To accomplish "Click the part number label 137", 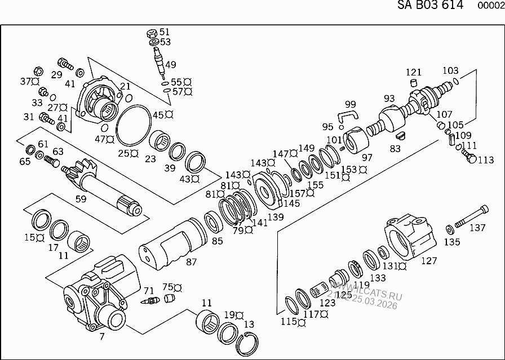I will pyautogui.click(x=478, y=228).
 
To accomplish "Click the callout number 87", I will pyautogui.click(x=191, y=262).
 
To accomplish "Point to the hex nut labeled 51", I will pyautogui.click(x=152, y=33).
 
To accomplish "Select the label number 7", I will pyautogui.click(x=101, y=337).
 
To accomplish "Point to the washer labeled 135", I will pyautogui.click(x=450, y=229).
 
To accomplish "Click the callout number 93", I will pyautogui.click(x=389, y=98).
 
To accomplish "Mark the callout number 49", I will pyautogui.click(x=170, y=64).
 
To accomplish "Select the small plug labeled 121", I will pyautogui.click(x=413, y=83).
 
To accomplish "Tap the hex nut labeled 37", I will pyautogui.click(x=38, y=72).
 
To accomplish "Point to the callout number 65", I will pyautogui.click(x=25, y=161).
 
